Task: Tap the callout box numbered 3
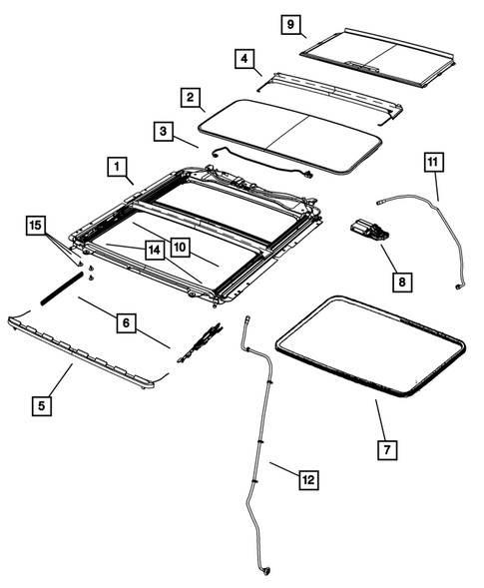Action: pos(163,131)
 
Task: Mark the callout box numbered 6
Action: pos(125,322)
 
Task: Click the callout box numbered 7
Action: pos(386,449)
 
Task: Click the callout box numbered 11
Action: pos(431,162)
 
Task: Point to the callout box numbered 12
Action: pos(308,480)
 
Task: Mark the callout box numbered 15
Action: pos(36,228)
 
